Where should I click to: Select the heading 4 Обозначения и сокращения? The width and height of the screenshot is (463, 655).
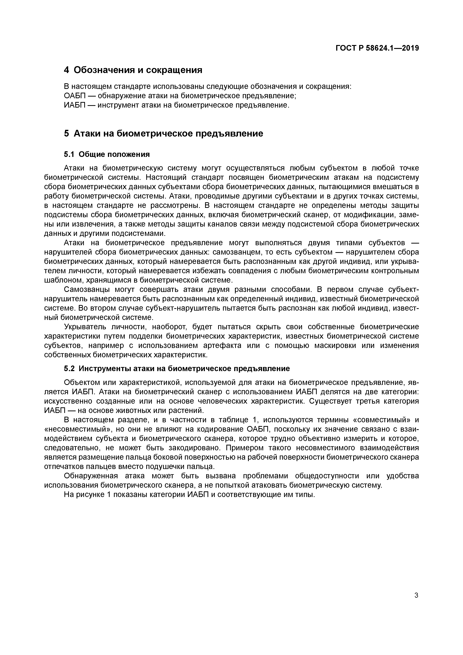click(x=133, y=70)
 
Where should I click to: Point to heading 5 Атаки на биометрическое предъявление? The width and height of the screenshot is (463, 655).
click(x=163, y=133)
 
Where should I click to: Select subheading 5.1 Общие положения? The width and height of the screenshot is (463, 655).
click(x=107, y=154)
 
